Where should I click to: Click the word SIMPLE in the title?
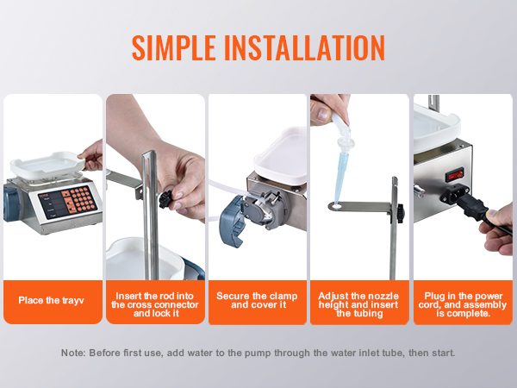(x=174, y=47)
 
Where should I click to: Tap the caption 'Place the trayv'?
(x=51, y=301)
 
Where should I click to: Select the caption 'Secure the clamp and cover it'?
(x=257, y=300)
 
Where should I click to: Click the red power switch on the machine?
(x=454, y=175)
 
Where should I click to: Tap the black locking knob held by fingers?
(x=166, y=199)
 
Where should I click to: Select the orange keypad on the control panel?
(x=79, y=201)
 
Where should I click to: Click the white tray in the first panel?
(x=47, y=165)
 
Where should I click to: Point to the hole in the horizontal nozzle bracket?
(x=336, y=207)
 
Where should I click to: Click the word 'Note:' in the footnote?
(x=73, y=353)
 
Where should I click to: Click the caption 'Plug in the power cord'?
(x=462, y=300)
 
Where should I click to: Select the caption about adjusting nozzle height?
(x=358, y=304)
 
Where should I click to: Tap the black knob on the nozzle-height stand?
(x=400, y=213)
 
